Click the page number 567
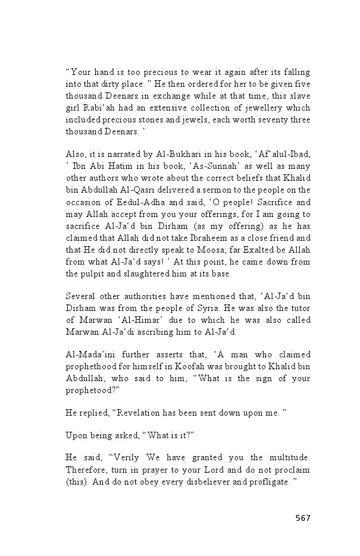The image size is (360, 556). point(303,518)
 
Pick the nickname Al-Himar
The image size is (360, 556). point(132,329)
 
